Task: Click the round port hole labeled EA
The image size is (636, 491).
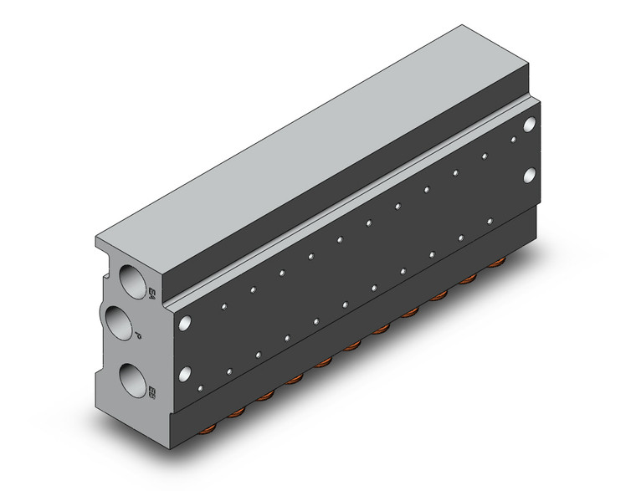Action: (x=133, y=276)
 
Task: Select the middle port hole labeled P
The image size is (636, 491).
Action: (x=121, y=321)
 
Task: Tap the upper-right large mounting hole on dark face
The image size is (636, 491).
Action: (x=529, y=125)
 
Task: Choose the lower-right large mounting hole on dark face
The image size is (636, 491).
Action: (x=529, y=176)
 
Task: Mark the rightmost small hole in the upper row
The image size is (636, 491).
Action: (x=513, y=138)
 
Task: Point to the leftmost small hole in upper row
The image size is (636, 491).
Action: (x=223, y=305)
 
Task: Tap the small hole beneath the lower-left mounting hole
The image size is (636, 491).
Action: (x=200, y=386)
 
